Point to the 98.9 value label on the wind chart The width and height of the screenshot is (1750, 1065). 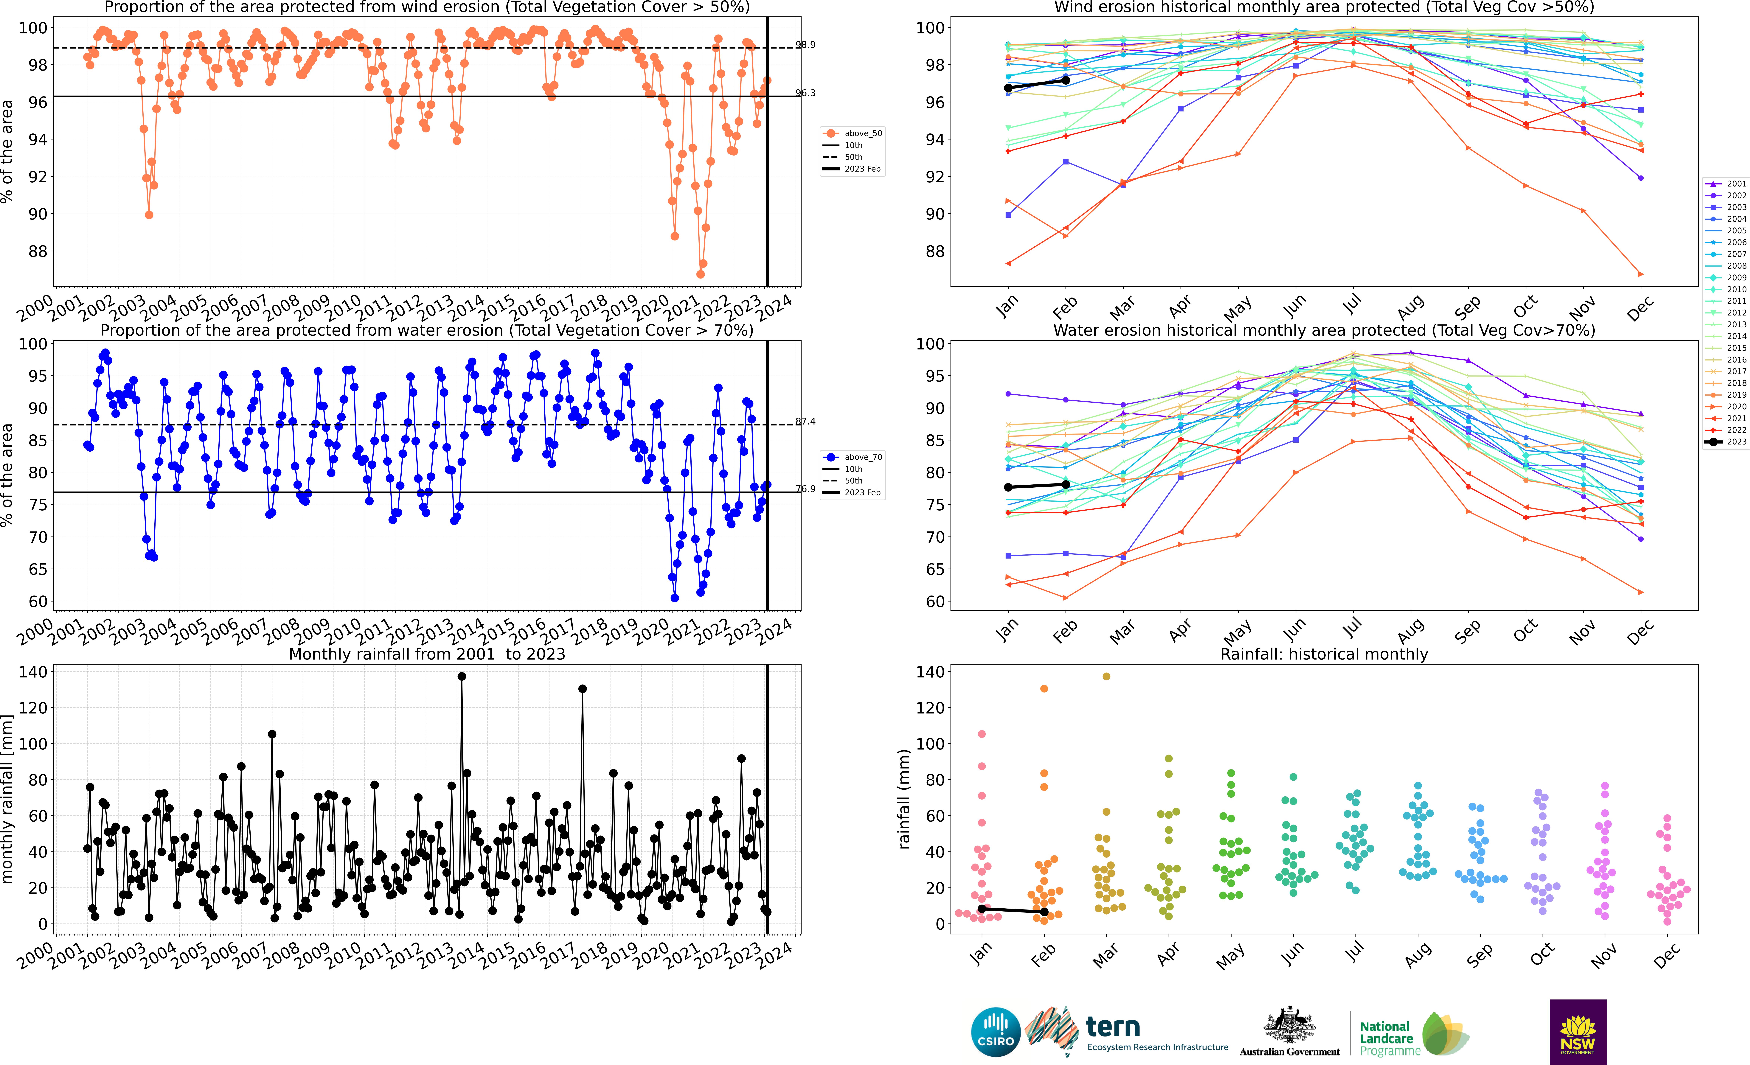pos(805,45)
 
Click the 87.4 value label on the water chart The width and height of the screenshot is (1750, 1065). pos(805,422)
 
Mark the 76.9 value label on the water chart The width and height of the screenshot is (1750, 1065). pos(805,489)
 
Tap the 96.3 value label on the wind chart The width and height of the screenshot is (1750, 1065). pos(805,93)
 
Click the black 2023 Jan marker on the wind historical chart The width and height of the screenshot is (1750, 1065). pos(1008,88)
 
